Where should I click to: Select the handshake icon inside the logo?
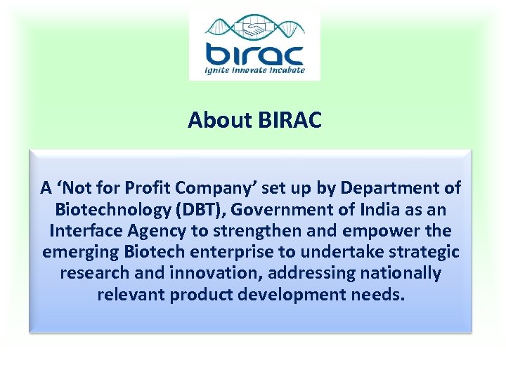(254, 29)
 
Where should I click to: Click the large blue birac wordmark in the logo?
(254, 54)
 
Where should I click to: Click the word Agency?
(159, 230)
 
